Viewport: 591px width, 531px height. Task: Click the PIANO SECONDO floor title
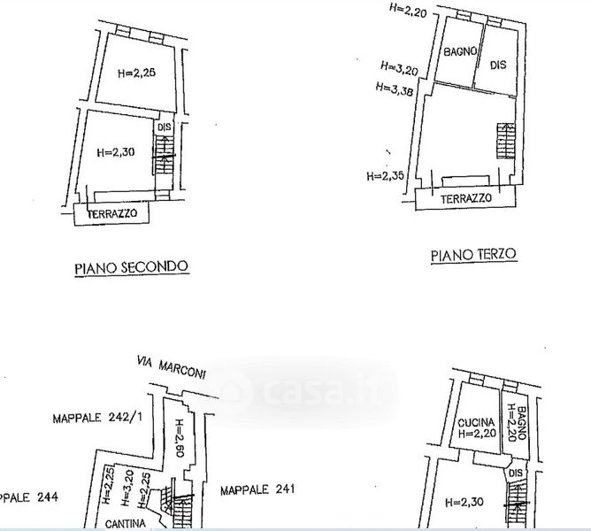(132, 268)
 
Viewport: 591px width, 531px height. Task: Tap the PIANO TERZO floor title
(473, 255)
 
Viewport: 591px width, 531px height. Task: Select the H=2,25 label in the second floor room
(137, 73)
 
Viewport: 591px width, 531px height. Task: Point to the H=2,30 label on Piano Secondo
(116, 152)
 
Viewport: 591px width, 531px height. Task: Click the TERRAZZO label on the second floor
(112, 214)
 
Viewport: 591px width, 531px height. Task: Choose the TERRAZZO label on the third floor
(466, 198)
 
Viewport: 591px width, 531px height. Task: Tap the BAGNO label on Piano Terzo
(460, 51)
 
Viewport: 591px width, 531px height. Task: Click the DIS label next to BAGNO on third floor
(498, 65)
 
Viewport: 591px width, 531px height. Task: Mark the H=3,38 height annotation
(395, 89)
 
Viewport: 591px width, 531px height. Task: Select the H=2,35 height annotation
(385, 176)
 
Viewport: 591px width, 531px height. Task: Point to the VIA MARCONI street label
(172, 367)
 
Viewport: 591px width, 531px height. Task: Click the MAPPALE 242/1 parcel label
(97, 418)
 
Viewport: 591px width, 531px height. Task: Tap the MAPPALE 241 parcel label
(257, 490)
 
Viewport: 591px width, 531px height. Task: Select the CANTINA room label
(125, 524)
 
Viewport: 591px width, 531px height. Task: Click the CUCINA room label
(476, 423)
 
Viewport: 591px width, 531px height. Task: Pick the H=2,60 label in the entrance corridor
(180, 438)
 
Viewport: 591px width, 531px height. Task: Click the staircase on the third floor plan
(505, 141)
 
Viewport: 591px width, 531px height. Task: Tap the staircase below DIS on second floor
(165, 155)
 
